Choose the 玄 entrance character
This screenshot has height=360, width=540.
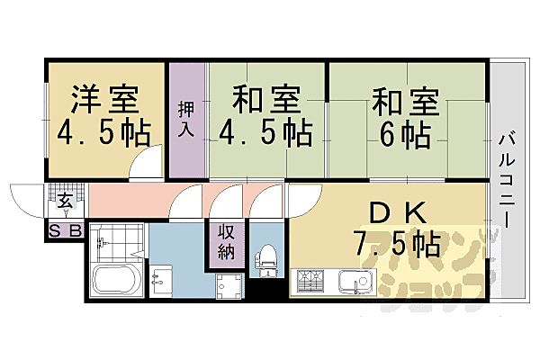point(67,200)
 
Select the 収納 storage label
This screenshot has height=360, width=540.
point(225,240)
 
